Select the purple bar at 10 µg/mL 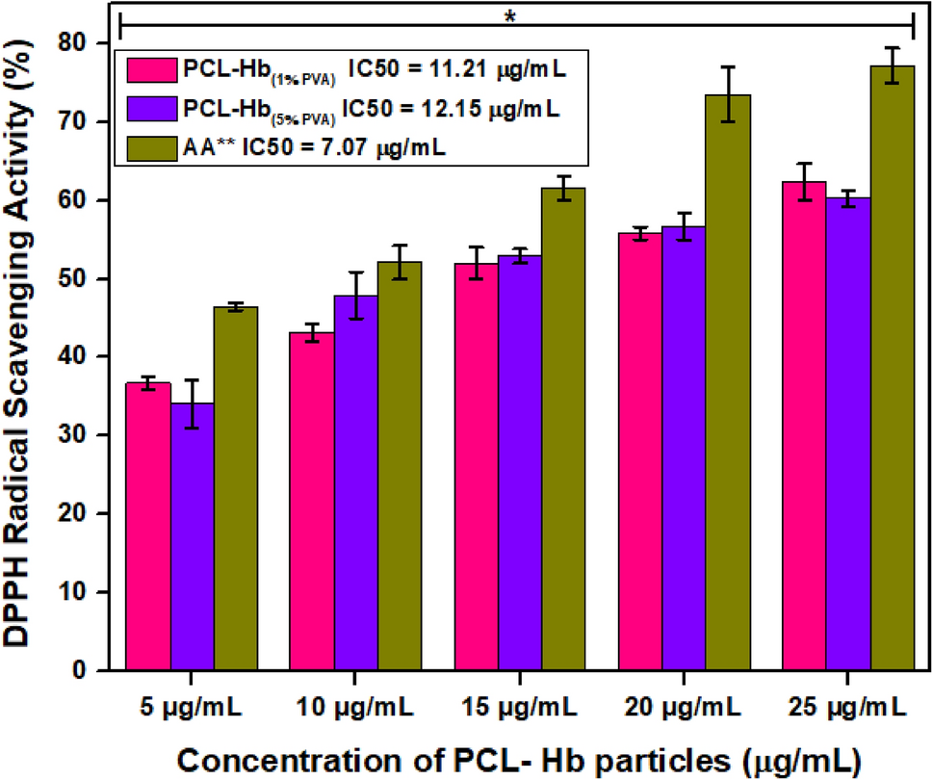coord(354,481)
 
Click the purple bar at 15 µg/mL coord(519,462)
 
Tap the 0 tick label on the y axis coord(95,670)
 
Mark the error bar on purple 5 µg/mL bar coord(192,403)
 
